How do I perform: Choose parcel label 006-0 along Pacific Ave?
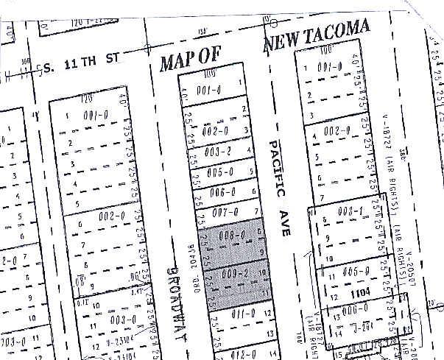[222, 193]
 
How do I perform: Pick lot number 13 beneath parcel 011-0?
[250, 333]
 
